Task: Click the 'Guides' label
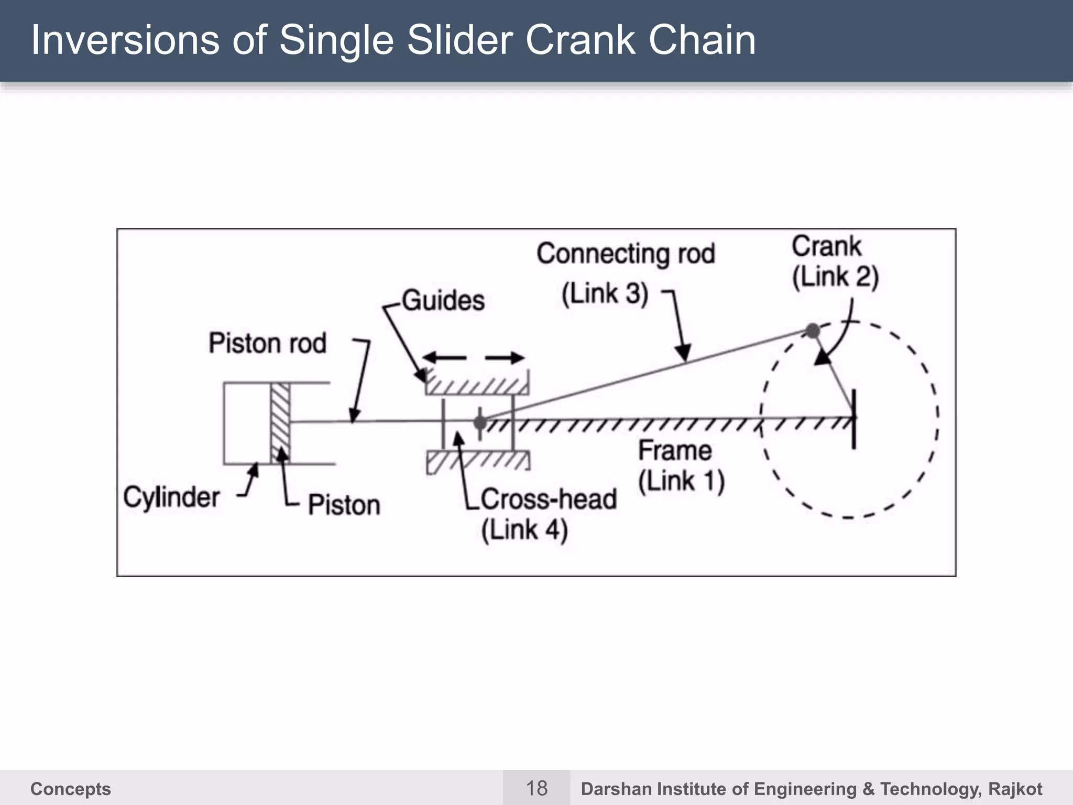point(443,301)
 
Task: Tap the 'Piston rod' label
point(267,343)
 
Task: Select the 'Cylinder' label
point(171,496)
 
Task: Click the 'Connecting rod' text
point(626,254)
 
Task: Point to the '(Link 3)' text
point(605,293)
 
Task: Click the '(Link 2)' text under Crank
point(835,277)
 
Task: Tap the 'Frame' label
point(675,451)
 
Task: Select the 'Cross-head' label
point(549,499)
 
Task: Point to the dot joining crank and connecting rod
point(813,331)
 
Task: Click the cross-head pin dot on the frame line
point(480,422)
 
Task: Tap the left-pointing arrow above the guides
point(444,358)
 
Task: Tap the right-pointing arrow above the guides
point(504,358)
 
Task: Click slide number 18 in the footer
point(536,788)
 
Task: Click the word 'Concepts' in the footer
point(71,789)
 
